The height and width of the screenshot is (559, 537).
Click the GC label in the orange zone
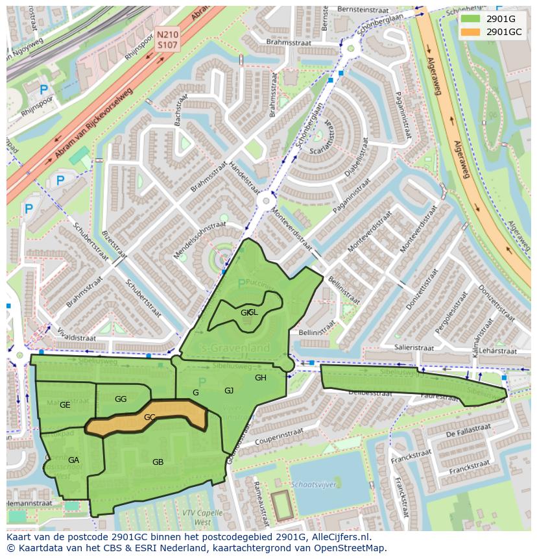(x=149, y=417)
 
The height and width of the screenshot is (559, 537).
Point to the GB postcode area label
(x=158, y=462)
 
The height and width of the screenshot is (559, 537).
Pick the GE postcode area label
(x=65, y=405)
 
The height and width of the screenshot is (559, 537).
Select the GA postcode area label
(x=73, y=460)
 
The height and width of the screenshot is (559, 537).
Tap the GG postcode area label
(x=121, y=399)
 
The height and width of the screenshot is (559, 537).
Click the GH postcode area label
(x=260, y=378)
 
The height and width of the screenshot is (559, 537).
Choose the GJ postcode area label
(x=229, y=390)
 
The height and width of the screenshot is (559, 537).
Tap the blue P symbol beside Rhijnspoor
(x=44, y=90)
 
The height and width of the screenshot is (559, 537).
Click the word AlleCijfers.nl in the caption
(x=339, y=537)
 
